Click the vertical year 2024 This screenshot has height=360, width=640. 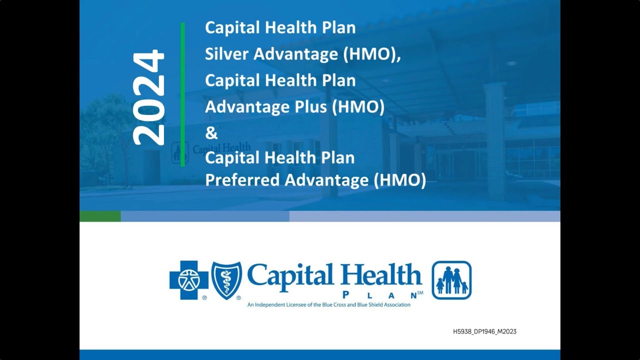point(149,97)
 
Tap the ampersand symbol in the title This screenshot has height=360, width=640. point(211,133)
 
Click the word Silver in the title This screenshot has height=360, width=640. point(226,54)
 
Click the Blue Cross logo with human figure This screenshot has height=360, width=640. point(188,280)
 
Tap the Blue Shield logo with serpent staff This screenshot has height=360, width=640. point(226,280)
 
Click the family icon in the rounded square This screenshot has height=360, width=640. point(451,280)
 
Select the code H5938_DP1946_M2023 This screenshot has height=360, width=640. point(484,331)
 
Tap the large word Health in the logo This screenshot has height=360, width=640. point(381,275)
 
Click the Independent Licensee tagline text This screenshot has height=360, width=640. point(328,304)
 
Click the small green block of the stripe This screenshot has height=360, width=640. point(100,216)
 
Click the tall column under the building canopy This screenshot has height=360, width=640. point(494,140)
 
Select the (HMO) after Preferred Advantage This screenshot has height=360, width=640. point(400,180)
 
